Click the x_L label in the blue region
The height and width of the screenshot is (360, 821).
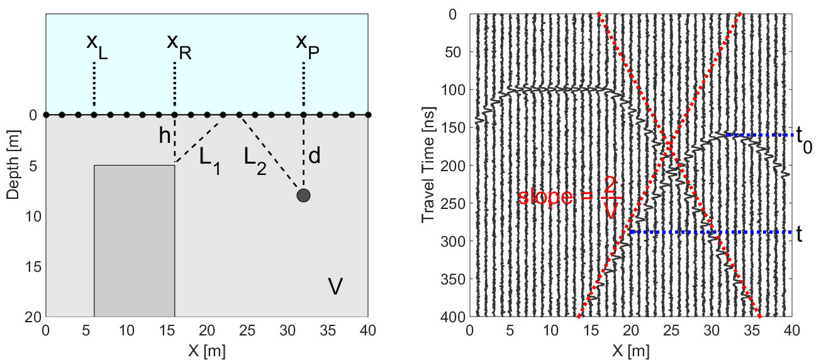click(x=97, y=46)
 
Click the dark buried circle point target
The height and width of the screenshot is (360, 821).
click(x=303, y=195)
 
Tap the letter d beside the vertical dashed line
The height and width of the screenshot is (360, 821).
click(x=315, y=156)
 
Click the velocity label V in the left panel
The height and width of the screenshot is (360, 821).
click(x=335, y=287)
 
